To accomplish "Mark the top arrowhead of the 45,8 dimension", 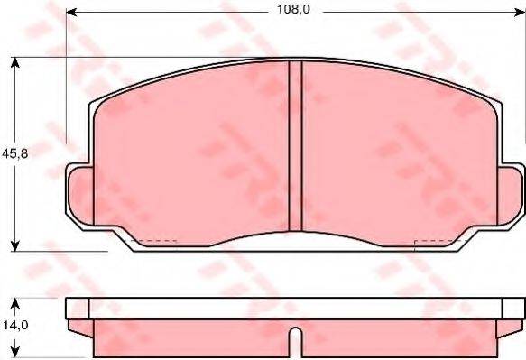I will (x=15, y=62).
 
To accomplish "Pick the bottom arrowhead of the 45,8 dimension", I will (x=15, y=245).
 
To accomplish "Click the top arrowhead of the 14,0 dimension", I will (x=15, y=304).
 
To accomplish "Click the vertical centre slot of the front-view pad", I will (x=294, y=149).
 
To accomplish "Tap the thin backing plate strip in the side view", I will (x=294, y=309).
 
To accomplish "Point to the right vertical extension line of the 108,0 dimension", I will (x=524, y=81).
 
